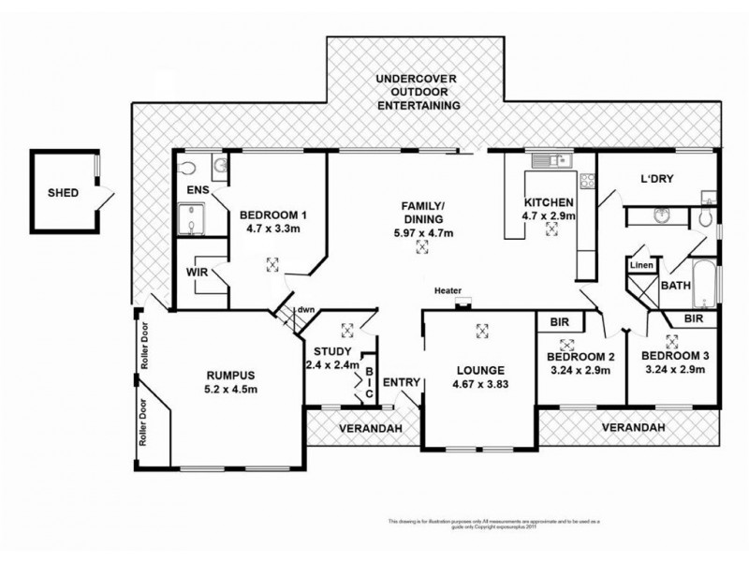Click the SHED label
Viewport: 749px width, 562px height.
(x=63, y=195)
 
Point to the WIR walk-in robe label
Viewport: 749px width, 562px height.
(x=198, y=273)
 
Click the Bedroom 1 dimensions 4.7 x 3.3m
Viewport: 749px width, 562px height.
(x=273, y=227)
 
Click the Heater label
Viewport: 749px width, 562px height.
(x=447, y=291)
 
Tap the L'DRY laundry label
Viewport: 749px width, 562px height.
(x=657, y=179)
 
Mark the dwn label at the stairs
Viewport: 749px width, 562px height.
(x=305, y=310)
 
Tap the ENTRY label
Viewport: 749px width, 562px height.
(x=402, y=382)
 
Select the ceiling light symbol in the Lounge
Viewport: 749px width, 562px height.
(x=482, y=330)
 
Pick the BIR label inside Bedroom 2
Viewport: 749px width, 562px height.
(x=561, y=322)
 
